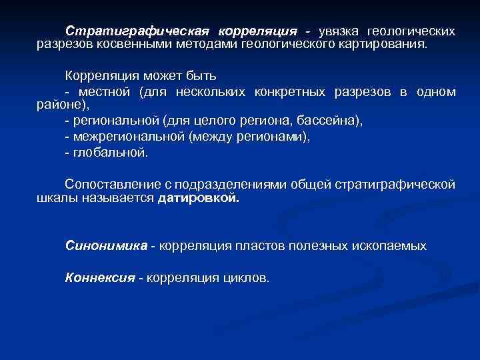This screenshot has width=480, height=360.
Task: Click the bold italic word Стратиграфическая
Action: pyautogui.click(x=137, y=31)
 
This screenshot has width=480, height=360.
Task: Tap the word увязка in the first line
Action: pyautogui.click(x=340, y=31)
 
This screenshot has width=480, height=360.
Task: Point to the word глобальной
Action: pyautogui.click(x=110, y=152)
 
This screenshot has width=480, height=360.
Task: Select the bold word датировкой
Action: pyautogui.click(x=198, y=198)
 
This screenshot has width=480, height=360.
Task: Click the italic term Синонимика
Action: pyautogui.click(x=106, y=246)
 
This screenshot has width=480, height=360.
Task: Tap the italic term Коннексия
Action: pyautogui.click(x=100, y=277)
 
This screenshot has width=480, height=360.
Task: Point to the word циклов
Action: pyautogui.click(x=243, y=277)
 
